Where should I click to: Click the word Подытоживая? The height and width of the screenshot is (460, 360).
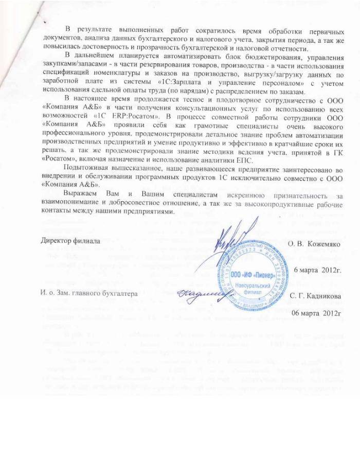[85, 169]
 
